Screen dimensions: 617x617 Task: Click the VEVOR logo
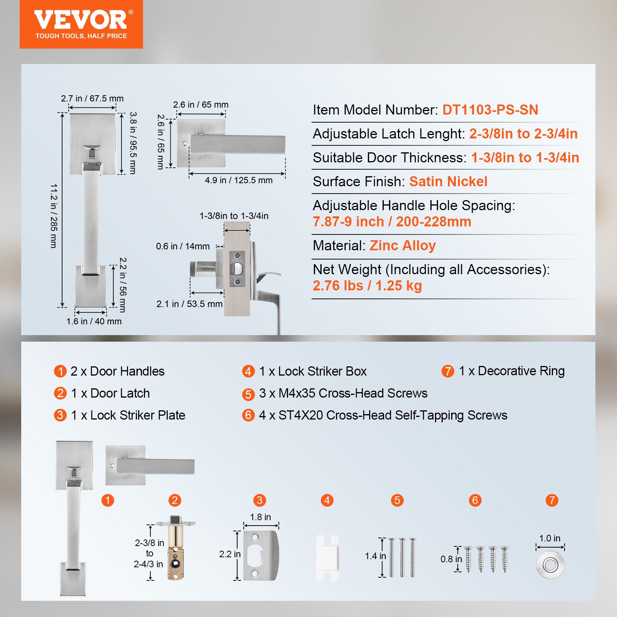point(81,24)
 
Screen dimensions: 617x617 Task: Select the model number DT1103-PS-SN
point(490,110)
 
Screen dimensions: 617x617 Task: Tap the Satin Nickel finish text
point(448,182)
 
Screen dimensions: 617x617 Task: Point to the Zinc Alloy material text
point(403,246)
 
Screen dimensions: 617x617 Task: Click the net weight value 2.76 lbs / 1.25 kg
point(367,286)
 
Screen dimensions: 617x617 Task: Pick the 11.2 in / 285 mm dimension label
point(54,216)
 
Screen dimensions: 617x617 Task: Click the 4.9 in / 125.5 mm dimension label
point(238,180)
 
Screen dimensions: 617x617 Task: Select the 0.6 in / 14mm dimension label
point(183,246)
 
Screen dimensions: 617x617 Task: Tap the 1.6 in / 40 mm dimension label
point(94,321)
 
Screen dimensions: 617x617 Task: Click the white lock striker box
point(327,557)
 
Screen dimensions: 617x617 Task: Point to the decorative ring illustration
point(550,565)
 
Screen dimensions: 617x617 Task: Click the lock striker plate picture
point(261,555)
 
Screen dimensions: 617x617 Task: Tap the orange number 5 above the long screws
point(397,500)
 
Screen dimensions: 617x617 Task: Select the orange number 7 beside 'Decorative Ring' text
point(448,371)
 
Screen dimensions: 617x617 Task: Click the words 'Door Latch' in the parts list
point(120,393)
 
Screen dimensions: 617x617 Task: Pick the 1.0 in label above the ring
point(550,538)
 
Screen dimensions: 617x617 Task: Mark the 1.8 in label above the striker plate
point(260,517)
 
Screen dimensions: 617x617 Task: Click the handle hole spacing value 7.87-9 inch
point(348,222)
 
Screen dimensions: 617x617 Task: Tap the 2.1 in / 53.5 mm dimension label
point(189,304)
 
